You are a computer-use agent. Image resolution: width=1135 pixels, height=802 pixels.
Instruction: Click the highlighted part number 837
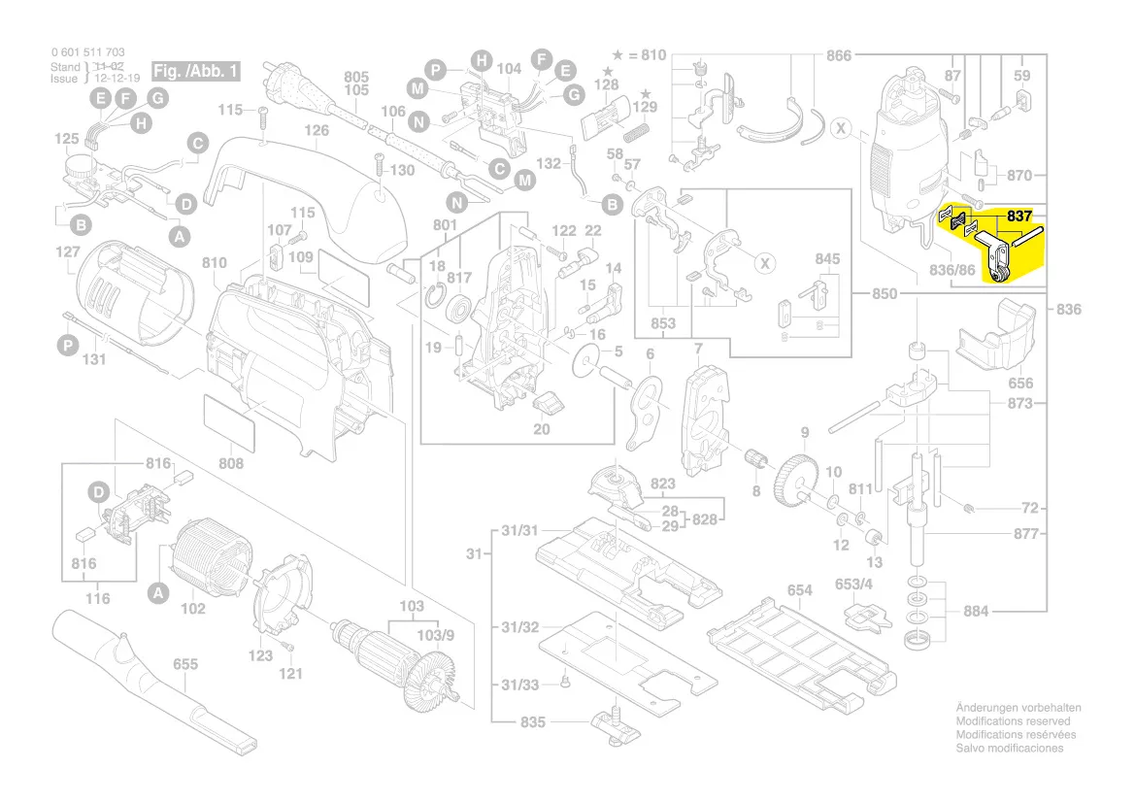[1019, 217]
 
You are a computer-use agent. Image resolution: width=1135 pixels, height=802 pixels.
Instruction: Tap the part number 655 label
[185, 665]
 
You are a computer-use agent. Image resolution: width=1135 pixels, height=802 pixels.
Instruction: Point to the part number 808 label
[231, 463]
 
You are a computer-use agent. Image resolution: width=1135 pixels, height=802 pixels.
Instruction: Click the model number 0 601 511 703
[87, 51]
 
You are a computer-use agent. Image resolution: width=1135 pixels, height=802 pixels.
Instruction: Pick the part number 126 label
[317, 130]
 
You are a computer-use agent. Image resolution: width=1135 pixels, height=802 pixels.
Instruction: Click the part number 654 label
[799, 590]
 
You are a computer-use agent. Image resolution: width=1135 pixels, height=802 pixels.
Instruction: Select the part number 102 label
[193, 609]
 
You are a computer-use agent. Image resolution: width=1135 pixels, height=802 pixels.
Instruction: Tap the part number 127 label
[67, 252]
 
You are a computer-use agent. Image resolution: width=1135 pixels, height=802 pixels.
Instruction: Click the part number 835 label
[533, 722]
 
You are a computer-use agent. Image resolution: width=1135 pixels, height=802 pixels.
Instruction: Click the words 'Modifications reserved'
[1013, 721]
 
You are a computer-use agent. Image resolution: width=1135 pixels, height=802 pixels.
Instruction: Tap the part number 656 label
[1020, 384]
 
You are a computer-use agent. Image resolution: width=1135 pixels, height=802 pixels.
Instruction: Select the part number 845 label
[827, 259]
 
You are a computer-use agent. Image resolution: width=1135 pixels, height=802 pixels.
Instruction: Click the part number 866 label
[839, 55]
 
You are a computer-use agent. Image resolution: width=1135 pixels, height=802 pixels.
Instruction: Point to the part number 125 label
[66, 140]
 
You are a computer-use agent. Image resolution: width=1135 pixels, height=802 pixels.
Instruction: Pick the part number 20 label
[542, 429]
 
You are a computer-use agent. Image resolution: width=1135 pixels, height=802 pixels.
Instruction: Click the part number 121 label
[291, 673]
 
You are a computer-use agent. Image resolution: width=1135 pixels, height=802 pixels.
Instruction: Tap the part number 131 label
[93, 360]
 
